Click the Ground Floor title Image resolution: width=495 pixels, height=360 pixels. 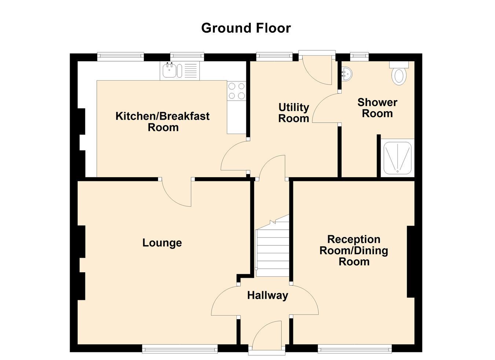pos(246,28)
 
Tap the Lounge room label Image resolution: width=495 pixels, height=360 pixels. pos(162,243)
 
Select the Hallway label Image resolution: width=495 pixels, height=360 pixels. pos(268,296)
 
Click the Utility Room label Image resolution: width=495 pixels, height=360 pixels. pos(294,113)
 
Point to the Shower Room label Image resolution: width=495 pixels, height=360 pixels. pos(377,108)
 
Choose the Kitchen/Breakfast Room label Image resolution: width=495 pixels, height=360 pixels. pos(163,122)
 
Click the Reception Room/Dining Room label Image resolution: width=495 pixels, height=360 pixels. pos(354,251)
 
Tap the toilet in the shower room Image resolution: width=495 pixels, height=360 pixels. pos(399,73)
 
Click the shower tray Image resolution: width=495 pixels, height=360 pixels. pos(397,158)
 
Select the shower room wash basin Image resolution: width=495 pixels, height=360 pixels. pos(346,74)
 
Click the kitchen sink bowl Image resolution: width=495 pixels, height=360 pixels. pos(169,70)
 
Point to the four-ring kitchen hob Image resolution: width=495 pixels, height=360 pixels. pos(236,91)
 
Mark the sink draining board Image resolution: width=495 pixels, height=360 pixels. pos(191,71)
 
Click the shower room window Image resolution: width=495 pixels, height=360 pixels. pos(360,57)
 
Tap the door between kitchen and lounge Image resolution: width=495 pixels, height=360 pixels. pos(176,192)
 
